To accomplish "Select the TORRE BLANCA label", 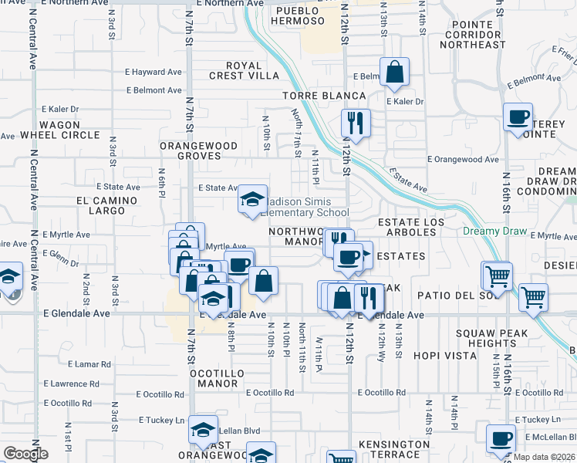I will pyautogui.click(x=324, y=96).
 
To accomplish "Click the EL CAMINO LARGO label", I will pyautogui.click(x=106, y=205).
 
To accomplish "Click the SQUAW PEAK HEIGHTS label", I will pyautogui.click(x=491, y=338).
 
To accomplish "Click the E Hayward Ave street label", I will pyautogui.click(x=154, y=72).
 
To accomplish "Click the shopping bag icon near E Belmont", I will pyautogui.click(x=394, y=73).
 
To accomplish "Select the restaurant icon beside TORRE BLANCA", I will pyautogui.click(x=356, y=121).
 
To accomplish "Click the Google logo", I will pyautogui.click(x=25, y=454).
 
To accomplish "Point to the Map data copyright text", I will pyautogui.click(x=544, y=457).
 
